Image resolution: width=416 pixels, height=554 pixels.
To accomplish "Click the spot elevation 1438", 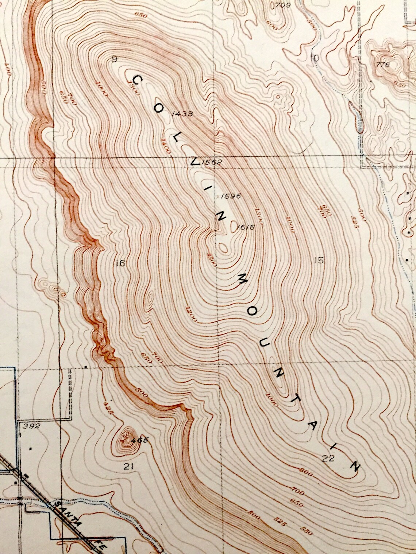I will pos(181,114).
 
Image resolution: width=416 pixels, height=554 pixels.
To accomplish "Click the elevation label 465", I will pos(140,440).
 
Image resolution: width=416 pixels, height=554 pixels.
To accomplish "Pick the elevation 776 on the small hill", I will pos(383,65).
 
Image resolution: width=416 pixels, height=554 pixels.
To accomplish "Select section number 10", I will pos(314,58).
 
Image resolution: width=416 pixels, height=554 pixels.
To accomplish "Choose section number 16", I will pos(120,263).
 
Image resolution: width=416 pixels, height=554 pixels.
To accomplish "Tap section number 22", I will pos(328,459).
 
